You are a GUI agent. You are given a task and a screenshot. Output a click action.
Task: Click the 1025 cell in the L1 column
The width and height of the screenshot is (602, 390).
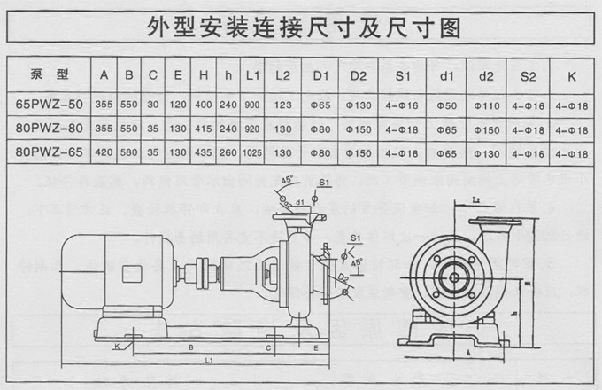(x=251, y=153)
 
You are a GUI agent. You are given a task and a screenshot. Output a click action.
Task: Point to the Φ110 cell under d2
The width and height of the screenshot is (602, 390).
(x=485, y=105)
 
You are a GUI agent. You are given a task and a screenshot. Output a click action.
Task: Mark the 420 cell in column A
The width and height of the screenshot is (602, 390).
(x=105, y=153)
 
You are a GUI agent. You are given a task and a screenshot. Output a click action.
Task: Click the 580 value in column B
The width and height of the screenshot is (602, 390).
(x=129, y=153)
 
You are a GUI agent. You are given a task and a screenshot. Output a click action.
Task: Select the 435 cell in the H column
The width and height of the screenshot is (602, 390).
(x=202, y=153)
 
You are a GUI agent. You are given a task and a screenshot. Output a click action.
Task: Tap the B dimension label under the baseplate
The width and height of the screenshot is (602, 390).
(x=191, y=348)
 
